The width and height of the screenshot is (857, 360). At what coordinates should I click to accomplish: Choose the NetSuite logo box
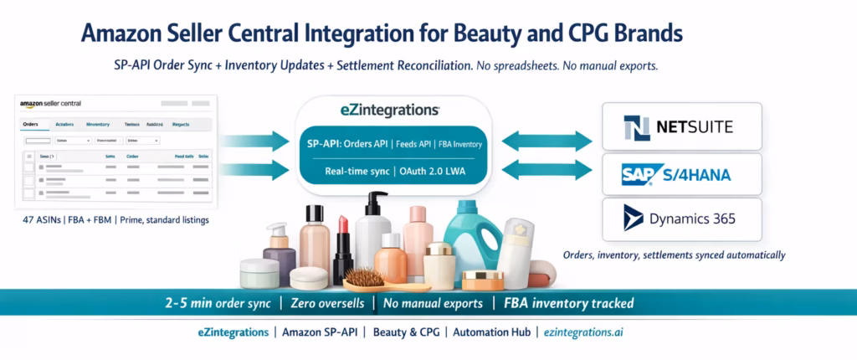[x=682, y=127]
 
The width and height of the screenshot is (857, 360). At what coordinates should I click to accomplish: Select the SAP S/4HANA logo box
[x=682, y=174]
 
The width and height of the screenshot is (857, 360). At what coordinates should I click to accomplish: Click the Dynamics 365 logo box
[x=682, y=219]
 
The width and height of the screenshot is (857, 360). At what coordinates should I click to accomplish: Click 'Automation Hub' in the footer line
[x=491, y=332]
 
